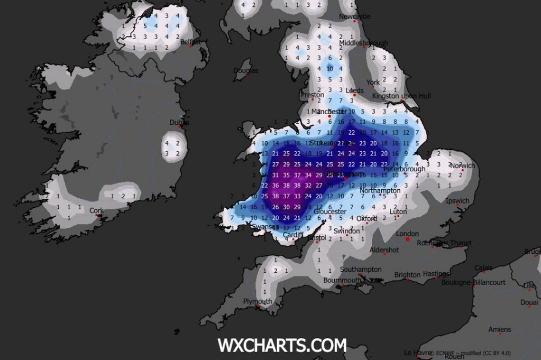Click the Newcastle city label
tap(354, 16)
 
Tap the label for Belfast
tap(190, 41)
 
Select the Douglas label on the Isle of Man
tap(245, 70)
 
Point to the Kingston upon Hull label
tap(401, 96)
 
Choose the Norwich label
tap(462, 165)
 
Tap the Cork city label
tap(96, 210)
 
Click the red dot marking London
tap(407, 239)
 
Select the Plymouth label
tap(257, 301)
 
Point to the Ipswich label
tap(457, 201)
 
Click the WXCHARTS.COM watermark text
tap(282, 346)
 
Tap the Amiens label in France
tap(499, 329)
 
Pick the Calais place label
tap(483, 268)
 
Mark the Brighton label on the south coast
tap(407, 275)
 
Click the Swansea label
tap(264, 227)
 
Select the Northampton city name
tap(380, 190)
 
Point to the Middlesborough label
tap(363, 43)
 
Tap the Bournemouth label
tap(342, 280)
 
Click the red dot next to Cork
tap(96, 215)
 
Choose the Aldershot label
tap(384, 250)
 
